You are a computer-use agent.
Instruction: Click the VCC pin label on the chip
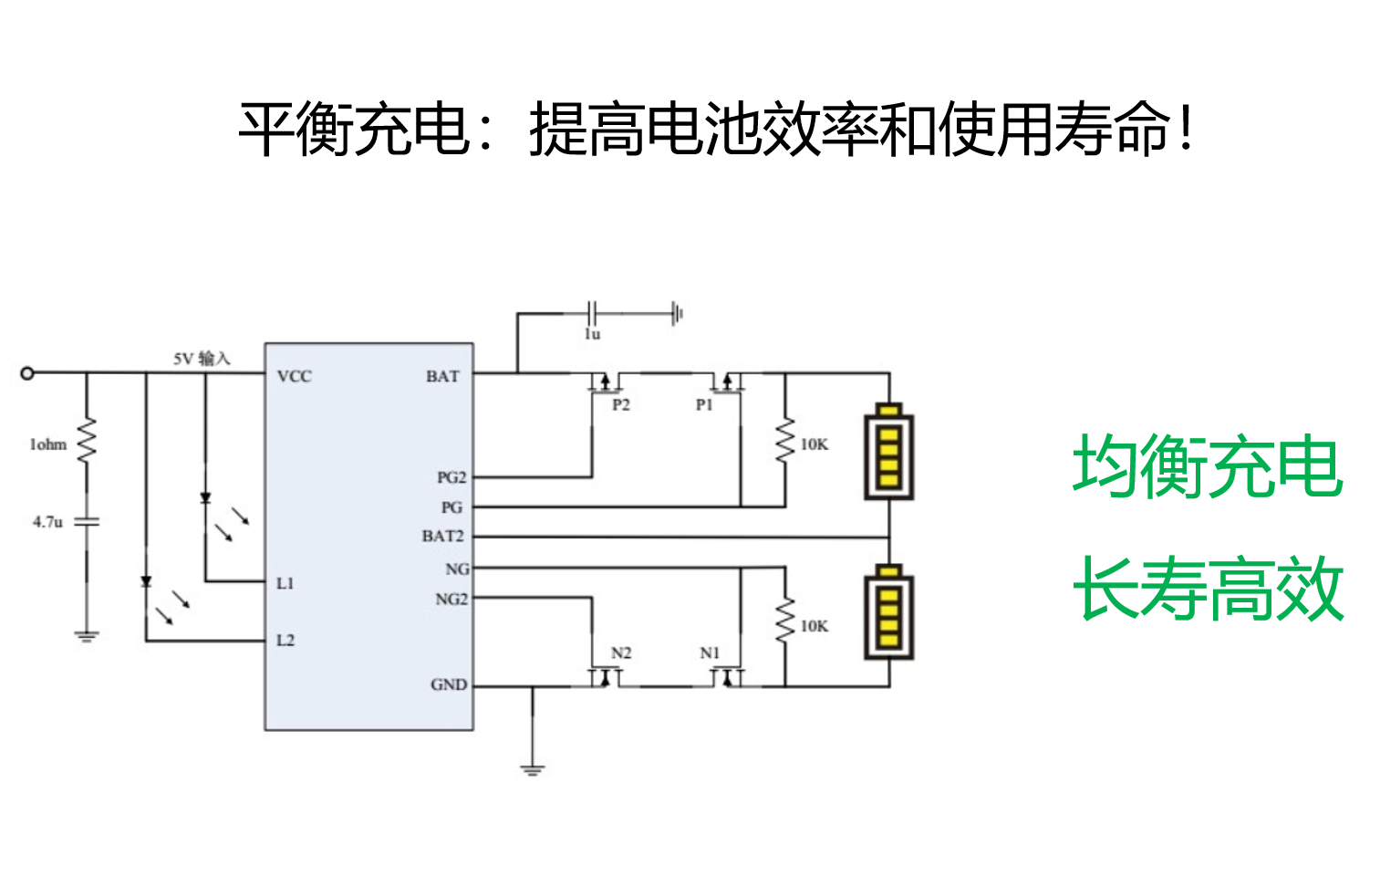pyautogui.click(x=294, y=376)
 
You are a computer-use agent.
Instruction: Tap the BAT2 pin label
pyautogui.click(x=442, y=536)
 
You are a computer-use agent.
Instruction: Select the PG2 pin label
pyautogui.click(x=451, y=477)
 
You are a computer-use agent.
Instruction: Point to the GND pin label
pyautogui.click(x=448, y=684)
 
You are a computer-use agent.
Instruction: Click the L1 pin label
pyautogui.click(x=285, y=583)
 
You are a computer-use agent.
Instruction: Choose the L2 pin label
pyautogui.click(x=285, y=641)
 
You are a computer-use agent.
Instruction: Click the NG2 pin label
pyautogui.click(x=451, y=600)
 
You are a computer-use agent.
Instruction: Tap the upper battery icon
pyautogui.click(x=888, y=453)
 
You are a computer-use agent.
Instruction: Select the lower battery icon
pyautogui.click(x=888, y=612)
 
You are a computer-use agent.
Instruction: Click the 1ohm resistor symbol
pyautogui.click(x=87, y=441)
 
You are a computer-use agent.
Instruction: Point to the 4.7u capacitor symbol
pyautogui.click(x=87, y=522)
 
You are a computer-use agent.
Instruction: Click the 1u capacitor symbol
pyautogui.click(x=593, y=314)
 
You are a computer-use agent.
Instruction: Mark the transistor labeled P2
pyautogui.click(x=604, y=382)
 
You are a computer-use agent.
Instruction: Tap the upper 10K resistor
pyautogui.click(x=784, y=442)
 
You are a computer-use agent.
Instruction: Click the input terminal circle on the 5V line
pyautogui.click(x=27, y=372)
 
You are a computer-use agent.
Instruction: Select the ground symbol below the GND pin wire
pyautogui.click(x=533, y=768)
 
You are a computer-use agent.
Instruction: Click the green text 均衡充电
pyautogui.click(x=1207, y=466)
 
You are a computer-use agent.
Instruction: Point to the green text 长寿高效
pyautogui.click(x=1207, y=590)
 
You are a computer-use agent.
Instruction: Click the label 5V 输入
pyautogui.click(x=202, y=359)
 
